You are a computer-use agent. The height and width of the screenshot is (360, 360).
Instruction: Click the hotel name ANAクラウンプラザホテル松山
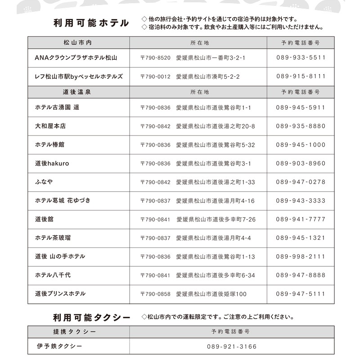(76, 58)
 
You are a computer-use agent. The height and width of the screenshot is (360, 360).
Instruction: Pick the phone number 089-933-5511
(301, 58)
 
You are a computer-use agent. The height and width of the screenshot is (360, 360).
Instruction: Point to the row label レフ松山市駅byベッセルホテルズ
(79, 76)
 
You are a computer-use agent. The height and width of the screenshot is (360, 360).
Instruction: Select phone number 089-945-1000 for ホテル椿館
(301, 145)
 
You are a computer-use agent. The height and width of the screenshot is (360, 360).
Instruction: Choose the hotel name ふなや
(44, 182)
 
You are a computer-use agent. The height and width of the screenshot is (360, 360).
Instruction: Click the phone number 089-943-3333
(301, 201)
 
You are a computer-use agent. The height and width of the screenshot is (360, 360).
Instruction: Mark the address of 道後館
(198, 220)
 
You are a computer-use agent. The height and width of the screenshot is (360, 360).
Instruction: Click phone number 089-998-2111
(301, 256)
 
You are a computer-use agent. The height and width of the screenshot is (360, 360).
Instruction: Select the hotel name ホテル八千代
(53, 275)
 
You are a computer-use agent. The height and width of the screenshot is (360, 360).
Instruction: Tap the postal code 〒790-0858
(155, 294)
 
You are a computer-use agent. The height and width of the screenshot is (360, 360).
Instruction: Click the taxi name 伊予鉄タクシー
(59, 346)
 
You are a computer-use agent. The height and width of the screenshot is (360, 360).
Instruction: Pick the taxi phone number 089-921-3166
(232, 347)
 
